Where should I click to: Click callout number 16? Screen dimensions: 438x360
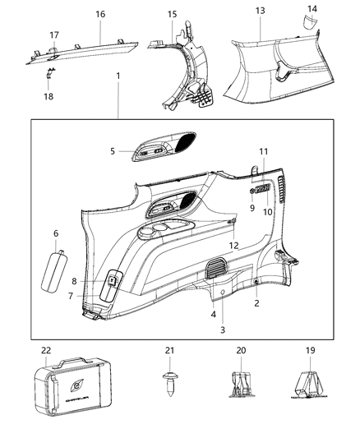pos(100,14)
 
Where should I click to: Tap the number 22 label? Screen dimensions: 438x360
pos(46,351)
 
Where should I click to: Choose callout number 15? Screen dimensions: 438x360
pos(172,14)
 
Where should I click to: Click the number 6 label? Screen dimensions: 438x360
pos(55,233)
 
